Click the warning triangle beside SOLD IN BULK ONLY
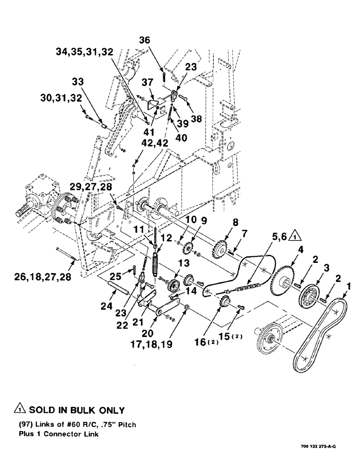[x=20, y=411]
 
